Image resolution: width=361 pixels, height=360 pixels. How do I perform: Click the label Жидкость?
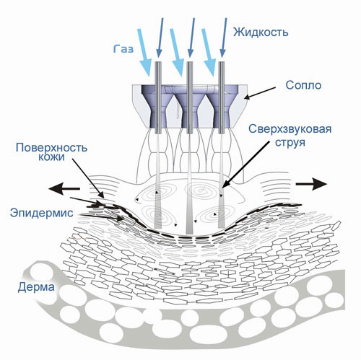261,32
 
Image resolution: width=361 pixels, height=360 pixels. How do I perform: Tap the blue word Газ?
123,49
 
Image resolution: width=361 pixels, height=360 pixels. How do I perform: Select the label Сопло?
303,85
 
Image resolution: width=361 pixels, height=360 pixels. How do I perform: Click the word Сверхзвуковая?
290,129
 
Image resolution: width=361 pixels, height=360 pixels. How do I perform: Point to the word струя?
290,142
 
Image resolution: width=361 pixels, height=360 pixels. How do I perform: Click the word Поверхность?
51,148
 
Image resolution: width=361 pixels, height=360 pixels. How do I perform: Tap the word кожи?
51,157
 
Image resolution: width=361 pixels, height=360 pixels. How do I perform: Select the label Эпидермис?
42,213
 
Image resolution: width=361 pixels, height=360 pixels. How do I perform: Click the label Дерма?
36,287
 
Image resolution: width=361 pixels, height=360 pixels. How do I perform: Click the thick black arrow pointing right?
311,184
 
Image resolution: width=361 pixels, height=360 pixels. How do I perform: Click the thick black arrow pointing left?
64,188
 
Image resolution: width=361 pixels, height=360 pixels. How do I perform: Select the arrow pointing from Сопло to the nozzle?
260,93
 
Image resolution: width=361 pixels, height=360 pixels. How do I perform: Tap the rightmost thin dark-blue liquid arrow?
224,38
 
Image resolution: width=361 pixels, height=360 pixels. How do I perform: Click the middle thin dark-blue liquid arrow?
191,38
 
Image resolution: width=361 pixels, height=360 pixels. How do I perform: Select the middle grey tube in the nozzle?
190,97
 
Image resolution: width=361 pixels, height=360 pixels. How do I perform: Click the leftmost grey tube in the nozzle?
158,97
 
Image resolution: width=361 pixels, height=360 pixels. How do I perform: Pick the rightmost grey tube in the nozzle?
222,97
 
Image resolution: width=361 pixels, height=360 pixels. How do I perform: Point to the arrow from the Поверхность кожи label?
88,178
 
